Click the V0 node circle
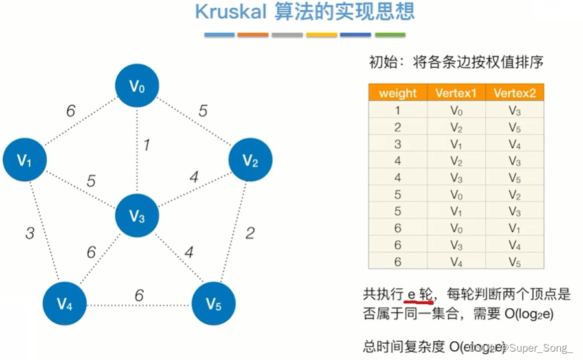pos(137,86)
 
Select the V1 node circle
pos(25,160)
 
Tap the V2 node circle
pos(250,160)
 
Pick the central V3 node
pos(137,216)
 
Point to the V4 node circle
pos(64,302)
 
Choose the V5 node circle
pos(214,302)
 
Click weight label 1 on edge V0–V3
pos(147,145)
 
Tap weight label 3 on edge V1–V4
pos(30,233)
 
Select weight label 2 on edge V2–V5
pos(250,233)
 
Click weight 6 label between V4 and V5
pos(139,296)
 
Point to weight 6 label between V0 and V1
pos(71,111)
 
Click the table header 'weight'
pos(398,93)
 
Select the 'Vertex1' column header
pos(455,93)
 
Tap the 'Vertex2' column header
pos(514,93)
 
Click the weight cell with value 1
pos(398,110)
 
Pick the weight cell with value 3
pos(398,143)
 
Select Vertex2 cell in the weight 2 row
pos(514,127)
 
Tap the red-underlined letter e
pos(410,295)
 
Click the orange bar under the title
pos(253,34)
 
